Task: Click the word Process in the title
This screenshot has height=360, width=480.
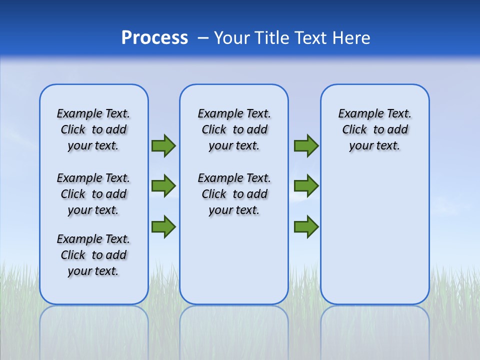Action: pos(154,38)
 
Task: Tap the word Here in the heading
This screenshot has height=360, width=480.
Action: pos(351,38)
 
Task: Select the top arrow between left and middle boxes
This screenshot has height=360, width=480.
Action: pos(163,145)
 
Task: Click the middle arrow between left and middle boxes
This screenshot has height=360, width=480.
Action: pos(163,186)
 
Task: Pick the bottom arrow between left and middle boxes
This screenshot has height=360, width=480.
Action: pos(163,226)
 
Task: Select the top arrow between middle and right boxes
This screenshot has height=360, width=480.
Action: pos(306,145)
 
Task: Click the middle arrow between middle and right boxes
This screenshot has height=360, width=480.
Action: pos(306,186)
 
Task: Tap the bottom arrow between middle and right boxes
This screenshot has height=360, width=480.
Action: pos(306,226)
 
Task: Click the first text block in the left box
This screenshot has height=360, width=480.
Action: pos(93,129)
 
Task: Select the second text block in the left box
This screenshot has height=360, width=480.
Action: pos(93,194)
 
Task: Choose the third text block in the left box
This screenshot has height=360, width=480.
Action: pos(93,255)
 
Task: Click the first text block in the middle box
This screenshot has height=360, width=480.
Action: pos(234,129)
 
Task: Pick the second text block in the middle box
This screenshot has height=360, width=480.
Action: pos(234,194)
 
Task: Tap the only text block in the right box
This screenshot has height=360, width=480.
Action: pos(374,129)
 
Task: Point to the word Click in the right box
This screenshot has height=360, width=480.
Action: pos(354,130)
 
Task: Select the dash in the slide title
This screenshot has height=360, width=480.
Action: pos(203,38)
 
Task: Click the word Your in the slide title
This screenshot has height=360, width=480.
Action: pos(232,38)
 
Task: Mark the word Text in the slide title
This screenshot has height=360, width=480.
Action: pos(311,38)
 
